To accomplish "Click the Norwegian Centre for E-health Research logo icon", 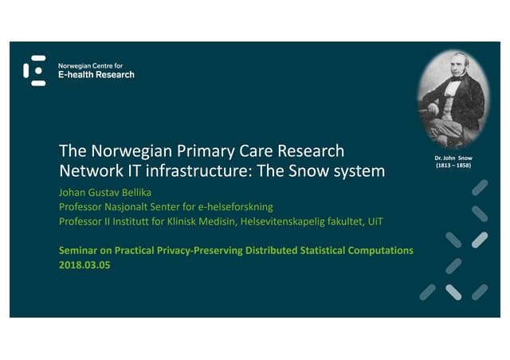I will [34, 71].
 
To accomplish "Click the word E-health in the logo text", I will [76, 75].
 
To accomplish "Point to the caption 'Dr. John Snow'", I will [452, 159].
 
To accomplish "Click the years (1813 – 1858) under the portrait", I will [452, 168].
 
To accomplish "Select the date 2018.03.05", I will [84, 264].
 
